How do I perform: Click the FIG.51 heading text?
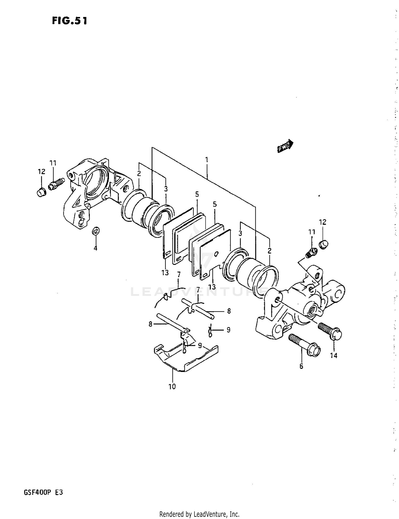69,21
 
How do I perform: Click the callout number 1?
206,160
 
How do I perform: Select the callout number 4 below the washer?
95,248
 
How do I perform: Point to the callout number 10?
172,387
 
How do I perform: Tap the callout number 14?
334,355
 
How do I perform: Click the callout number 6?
301,366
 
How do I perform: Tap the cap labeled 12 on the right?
323,244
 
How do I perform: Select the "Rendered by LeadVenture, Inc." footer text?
199,514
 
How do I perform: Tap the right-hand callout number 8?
229,311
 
